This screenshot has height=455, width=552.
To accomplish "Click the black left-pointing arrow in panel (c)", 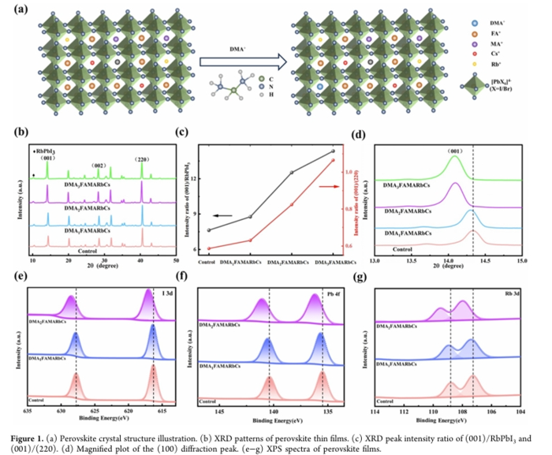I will point(234,212).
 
